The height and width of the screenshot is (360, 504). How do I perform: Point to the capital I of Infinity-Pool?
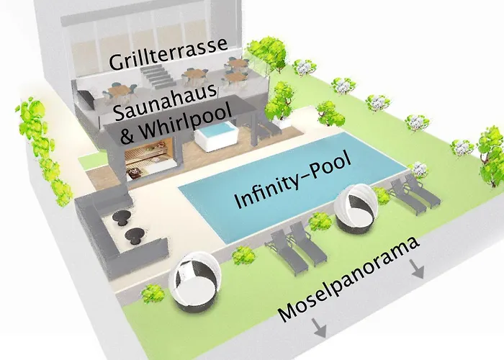click(240, 203)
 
